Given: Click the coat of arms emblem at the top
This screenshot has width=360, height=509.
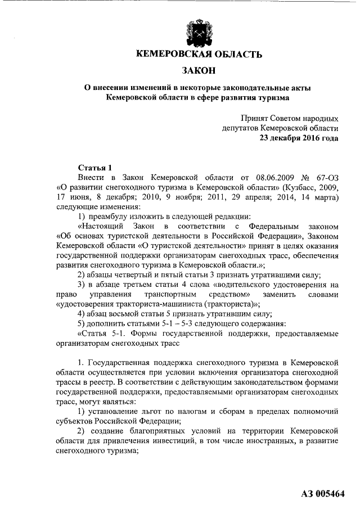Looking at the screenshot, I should (x=200, y=30).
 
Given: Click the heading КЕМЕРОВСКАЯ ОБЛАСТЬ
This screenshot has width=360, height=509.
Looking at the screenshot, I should (x=200, y=55).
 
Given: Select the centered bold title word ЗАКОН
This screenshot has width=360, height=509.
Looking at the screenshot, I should (x=200, y=71).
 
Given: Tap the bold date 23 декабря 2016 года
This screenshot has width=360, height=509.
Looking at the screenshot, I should (x=299, y=138).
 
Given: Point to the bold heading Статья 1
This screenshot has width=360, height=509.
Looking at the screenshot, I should (x=94, y=168).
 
